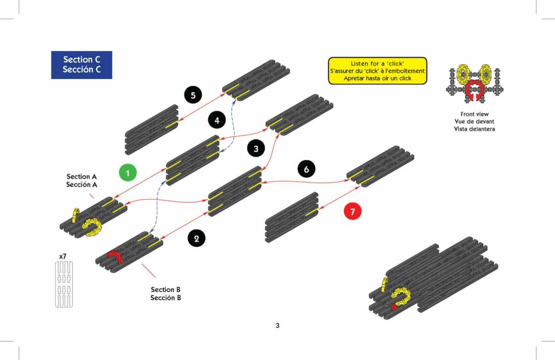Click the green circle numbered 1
coord(128,173)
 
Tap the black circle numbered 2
coord(196,238)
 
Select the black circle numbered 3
coord(256,149)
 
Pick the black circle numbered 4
coord(217,121)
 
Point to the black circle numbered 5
coord(193,94)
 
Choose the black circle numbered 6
coord(306,169)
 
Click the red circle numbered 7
coord(353,212)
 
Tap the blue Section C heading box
coord(82,65)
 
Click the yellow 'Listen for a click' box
coord(377,71)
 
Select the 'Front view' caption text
coord(474,114)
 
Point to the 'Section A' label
coord(82,177)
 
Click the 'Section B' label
coord(165,289)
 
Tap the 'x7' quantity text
coord(63,257)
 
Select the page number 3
coord(277,326)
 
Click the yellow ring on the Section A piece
coord(92,227)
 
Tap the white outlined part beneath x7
coord(64,284)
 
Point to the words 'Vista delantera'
coord(474,129)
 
